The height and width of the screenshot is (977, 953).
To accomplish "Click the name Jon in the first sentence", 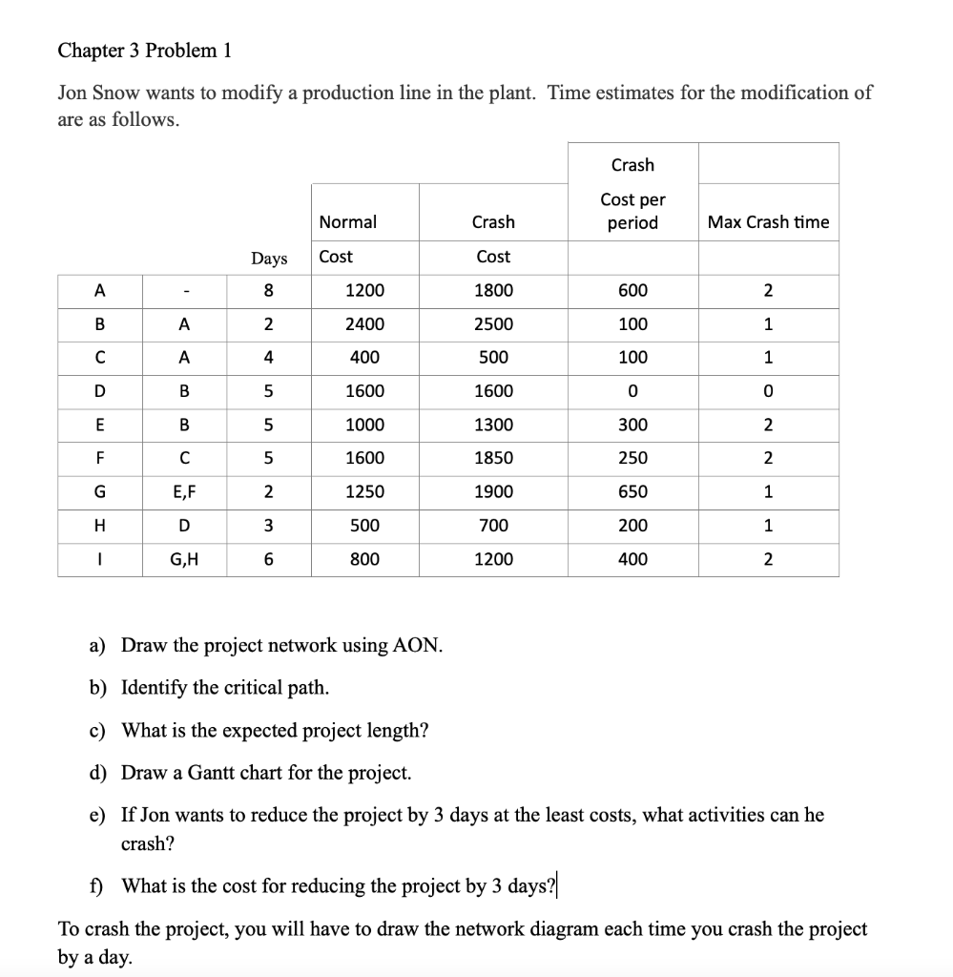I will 74,94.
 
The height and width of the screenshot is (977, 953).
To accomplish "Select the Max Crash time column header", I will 768,221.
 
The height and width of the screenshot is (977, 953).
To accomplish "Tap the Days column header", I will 268,258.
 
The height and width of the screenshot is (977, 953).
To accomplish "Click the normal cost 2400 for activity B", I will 364,324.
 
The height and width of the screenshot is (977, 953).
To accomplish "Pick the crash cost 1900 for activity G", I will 493,491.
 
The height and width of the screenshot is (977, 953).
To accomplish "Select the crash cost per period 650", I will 632,491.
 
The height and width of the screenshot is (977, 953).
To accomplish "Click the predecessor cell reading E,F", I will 184,491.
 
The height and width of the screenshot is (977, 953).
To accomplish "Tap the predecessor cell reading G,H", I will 184,559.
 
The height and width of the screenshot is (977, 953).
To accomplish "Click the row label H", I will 99,526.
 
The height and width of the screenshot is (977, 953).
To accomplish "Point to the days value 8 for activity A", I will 268,291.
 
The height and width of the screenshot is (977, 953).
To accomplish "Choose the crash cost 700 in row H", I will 493,526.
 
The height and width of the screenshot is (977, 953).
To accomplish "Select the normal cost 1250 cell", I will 364,491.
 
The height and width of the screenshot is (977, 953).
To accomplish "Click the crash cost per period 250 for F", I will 632,458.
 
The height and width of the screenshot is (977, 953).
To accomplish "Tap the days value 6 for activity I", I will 268,559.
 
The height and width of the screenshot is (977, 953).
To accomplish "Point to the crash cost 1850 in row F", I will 493,458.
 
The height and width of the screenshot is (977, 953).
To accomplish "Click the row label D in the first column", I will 99,391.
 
